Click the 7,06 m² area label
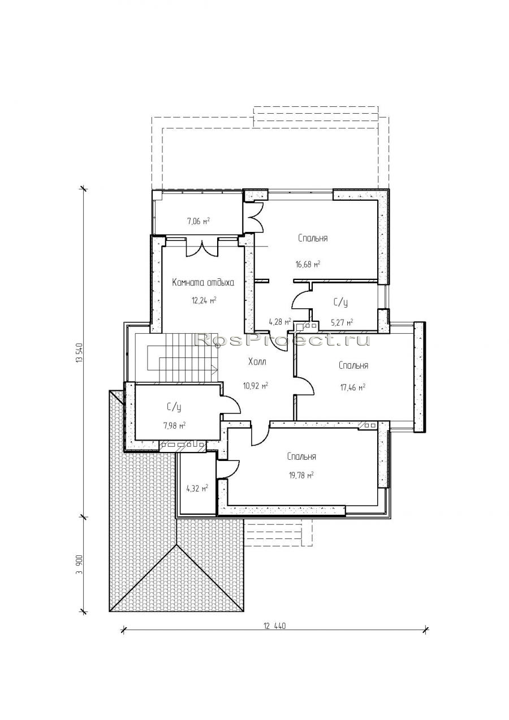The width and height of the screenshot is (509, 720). (199, 221)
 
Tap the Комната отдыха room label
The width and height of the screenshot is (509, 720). (203, 282)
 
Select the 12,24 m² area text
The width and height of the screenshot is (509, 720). (204, 300)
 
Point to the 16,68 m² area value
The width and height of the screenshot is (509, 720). (308, 264)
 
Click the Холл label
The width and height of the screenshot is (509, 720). (257, 362)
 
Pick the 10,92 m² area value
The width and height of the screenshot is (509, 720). (256, 385)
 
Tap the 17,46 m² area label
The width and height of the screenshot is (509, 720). (353, 387)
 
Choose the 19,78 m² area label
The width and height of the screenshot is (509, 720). (301, 475)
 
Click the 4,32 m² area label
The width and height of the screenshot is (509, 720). (197, 489)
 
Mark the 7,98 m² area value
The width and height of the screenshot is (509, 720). (175, 426)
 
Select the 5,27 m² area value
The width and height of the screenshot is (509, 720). (342, 322)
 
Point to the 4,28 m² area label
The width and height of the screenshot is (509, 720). (280, 321)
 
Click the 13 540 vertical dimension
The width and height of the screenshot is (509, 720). (79, 353)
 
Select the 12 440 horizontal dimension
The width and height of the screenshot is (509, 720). (275, 626)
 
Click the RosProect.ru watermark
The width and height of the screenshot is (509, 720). (283, 339)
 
